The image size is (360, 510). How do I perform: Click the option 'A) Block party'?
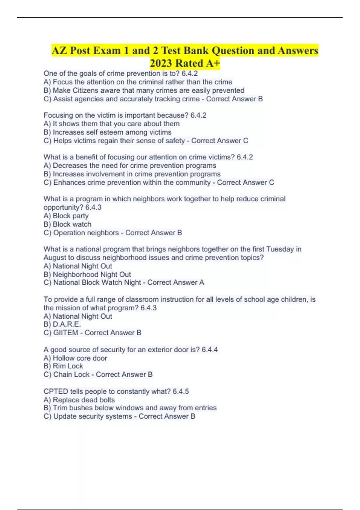pos(66,216)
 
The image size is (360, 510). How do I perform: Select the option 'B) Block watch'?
pos(67,224)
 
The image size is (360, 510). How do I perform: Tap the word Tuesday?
pos(280,249)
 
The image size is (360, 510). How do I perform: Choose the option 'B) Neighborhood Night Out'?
pos(87,274)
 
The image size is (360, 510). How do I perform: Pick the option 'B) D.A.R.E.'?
pos(62,324)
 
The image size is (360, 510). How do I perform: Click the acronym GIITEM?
pos(66,333)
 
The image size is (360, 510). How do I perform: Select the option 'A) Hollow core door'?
pos(75,358)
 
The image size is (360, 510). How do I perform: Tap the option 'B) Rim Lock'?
pos(63,366)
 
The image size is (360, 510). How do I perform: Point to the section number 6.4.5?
pos(181,391)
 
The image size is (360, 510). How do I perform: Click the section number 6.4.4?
pos(209,349)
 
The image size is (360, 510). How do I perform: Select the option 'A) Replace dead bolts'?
pos(79,400)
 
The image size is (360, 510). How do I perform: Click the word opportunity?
pos(63,207)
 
